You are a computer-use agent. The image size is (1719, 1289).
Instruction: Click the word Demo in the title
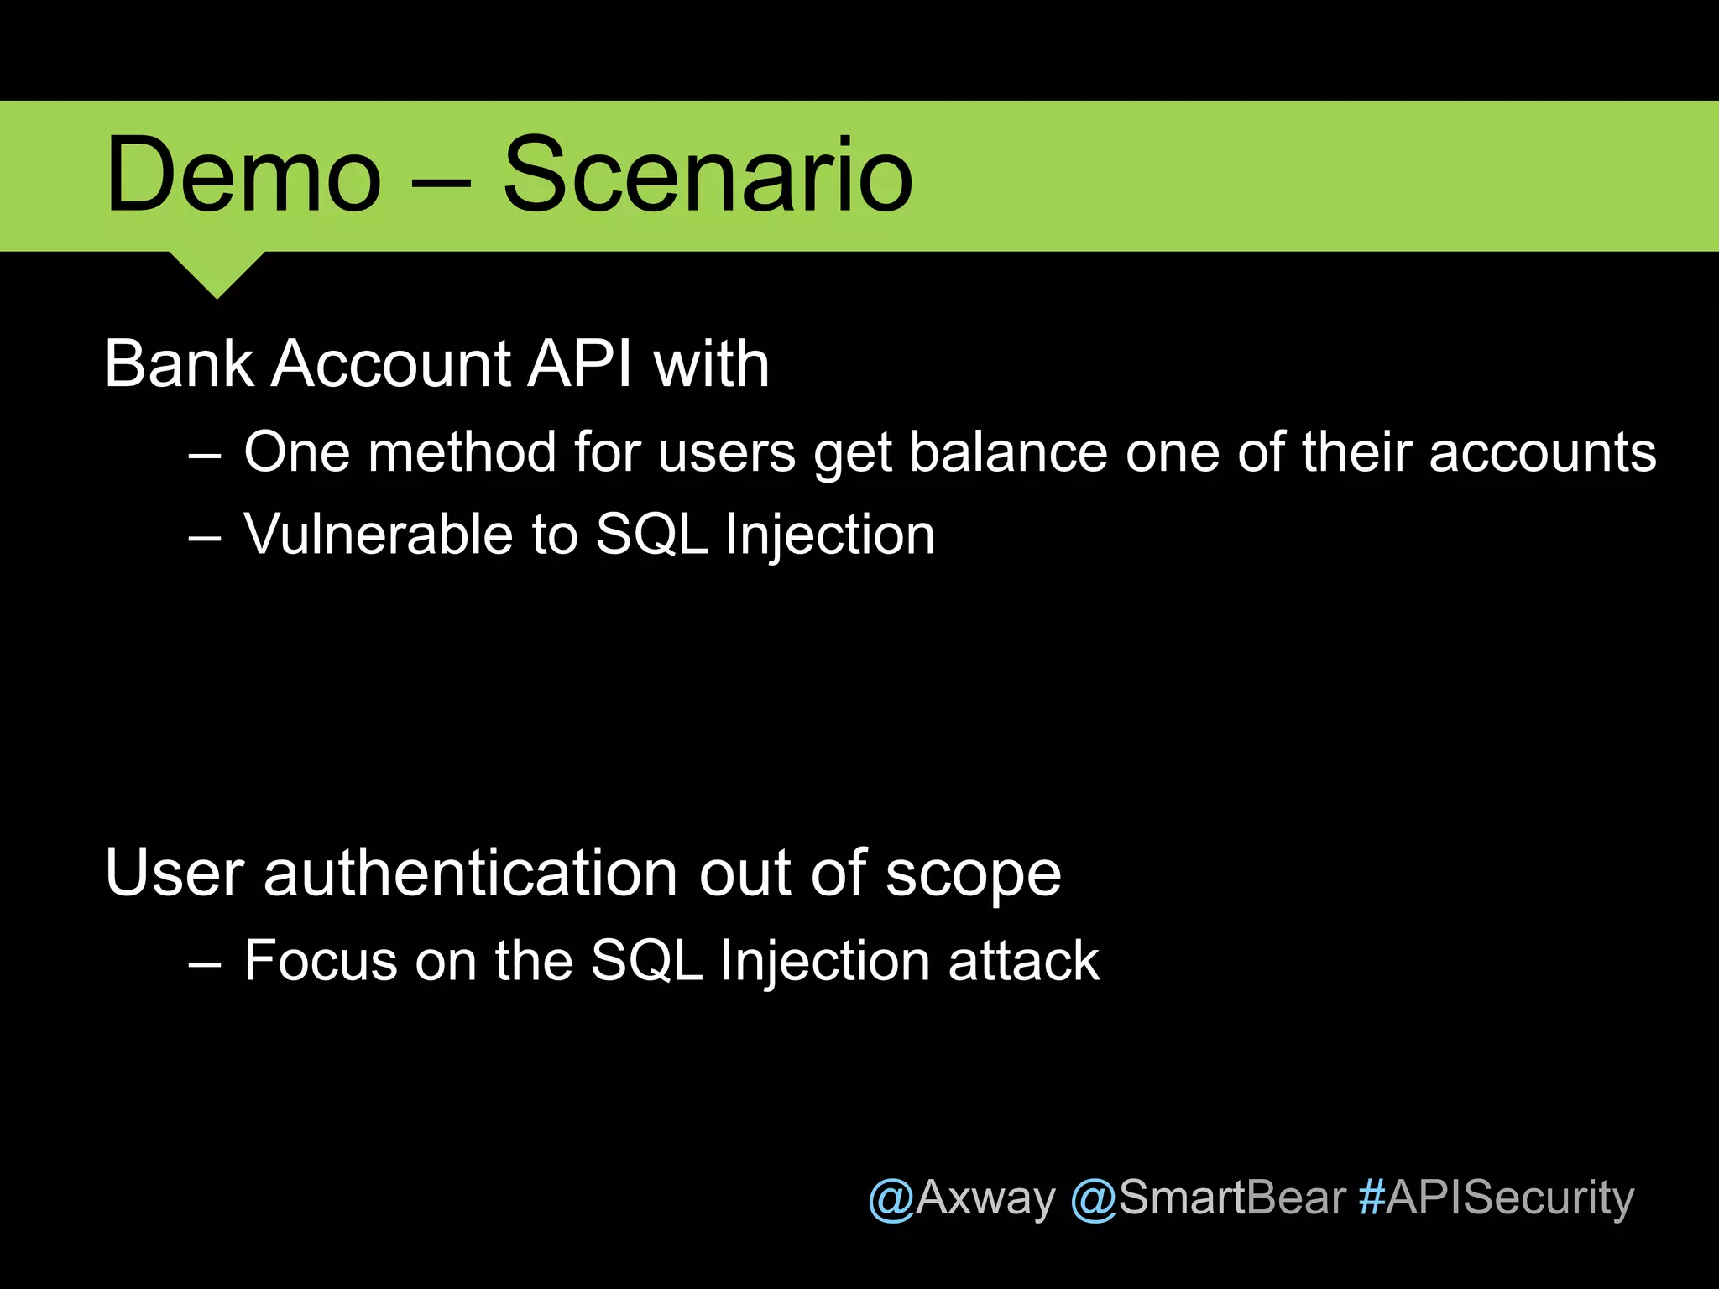click(243, 176)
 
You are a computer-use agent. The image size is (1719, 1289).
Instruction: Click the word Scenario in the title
click(707, 176)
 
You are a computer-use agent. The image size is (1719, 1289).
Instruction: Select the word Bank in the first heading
click(179, 364)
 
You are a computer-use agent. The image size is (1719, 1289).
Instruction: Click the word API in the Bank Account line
click(579, 364)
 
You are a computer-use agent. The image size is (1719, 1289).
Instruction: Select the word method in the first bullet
click(461, 452)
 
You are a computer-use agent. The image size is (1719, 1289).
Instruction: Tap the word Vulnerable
click(378, 534)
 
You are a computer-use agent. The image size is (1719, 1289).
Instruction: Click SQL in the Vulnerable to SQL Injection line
click(651, 534)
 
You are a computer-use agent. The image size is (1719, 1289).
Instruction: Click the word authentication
click(471, 874)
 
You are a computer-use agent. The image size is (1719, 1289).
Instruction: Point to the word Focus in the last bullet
click(320, 960)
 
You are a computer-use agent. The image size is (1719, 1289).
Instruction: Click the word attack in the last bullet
click(1023, 960)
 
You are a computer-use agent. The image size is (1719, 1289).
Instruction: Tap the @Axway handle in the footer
click(961, 1198)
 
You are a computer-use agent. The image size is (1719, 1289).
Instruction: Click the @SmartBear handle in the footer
click(1208, 1198)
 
